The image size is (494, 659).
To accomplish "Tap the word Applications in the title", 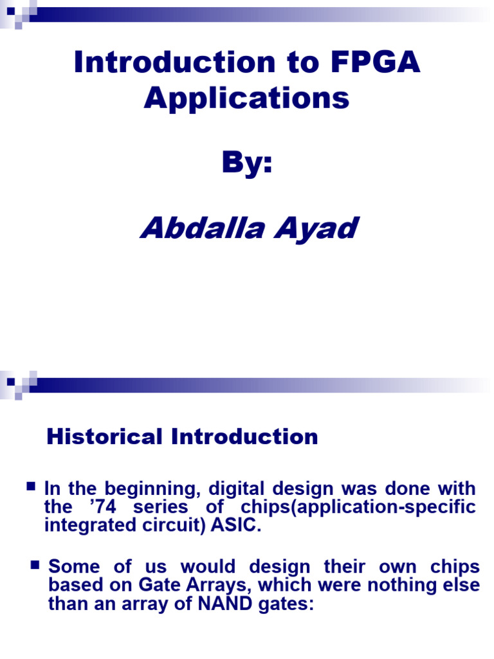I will point(247,98).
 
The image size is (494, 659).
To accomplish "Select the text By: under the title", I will point(247,164).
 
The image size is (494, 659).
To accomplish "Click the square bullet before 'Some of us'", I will point(35,566).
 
